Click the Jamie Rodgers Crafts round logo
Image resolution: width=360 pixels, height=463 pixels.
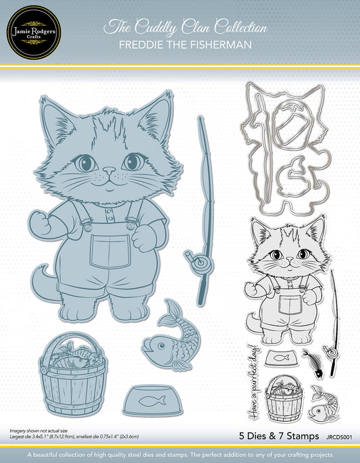34,32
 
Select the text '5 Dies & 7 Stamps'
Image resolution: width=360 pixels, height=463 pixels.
279,436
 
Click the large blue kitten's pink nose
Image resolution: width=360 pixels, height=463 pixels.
109,170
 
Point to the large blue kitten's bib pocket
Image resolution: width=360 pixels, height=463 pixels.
110,251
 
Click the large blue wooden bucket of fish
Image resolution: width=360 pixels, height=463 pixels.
73,374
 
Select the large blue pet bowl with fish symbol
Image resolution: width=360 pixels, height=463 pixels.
153,401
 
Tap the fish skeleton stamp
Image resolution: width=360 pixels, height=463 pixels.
313,363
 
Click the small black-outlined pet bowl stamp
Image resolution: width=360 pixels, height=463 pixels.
281,359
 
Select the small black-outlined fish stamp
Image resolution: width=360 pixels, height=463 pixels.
324,403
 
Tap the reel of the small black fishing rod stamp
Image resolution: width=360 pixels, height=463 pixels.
331,351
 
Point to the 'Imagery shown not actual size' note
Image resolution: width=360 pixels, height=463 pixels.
38,431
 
